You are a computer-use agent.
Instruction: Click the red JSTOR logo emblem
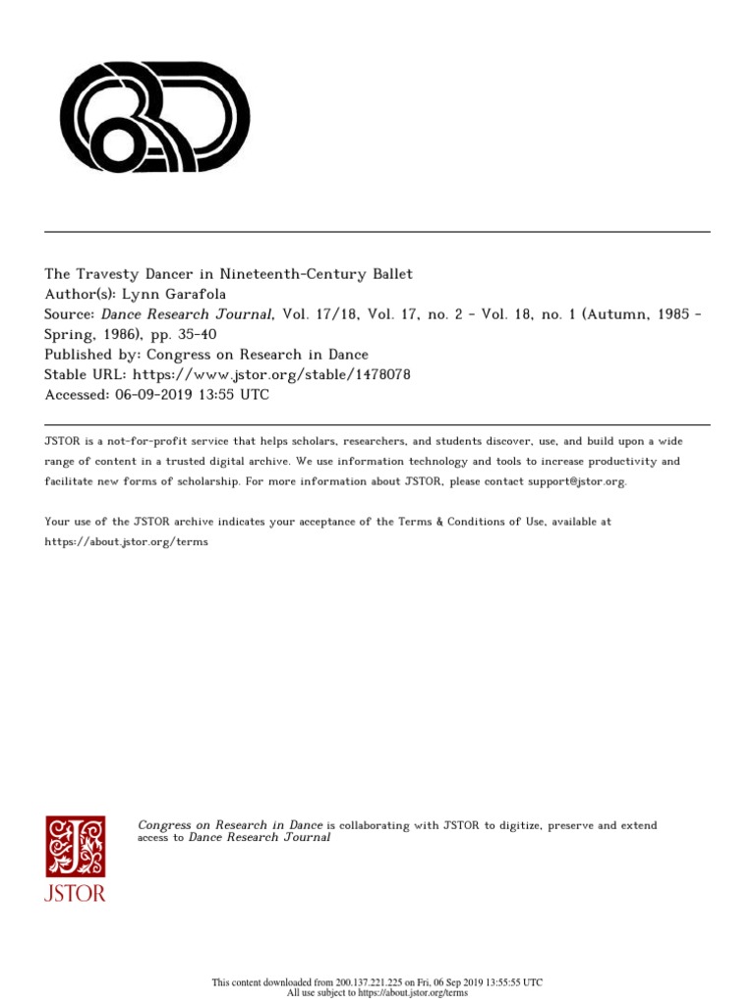[75, 846]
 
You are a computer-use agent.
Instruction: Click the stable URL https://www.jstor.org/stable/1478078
[271, 374]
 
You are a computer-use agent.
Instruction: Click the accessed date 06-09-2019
[155, 395]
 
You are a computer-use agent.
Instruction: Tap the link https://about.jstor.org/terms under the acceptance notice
[127, 542]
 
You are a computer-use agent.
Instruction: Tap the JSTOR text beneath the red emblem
[75, 893]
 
